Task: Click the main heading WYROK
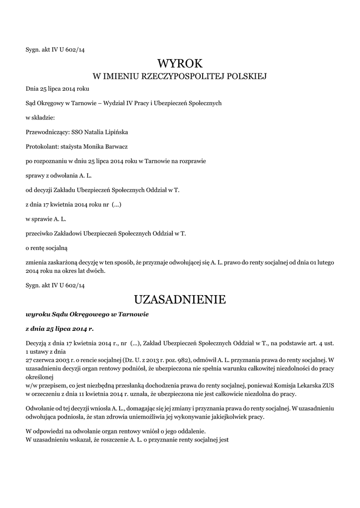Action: click(x=180, y=63)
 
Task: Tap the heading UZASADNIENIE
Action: click(x=180, y=300)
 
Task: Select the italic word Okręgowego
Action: click(x=92, y=315)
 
